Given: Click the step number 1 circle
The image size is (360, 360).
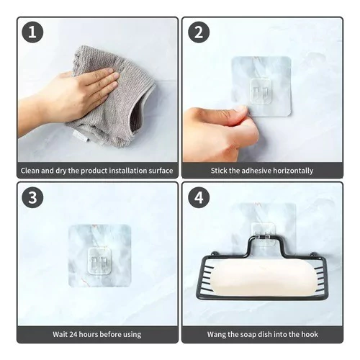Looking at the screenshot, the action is pyautogui.click(x=32, y=32).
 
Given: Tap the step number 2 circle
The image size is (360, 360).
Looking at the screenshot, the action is pyautogui.click(x=199, y=32).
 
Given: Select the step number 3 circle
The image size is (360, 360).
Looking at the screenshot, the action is pyautogui.click(x=32, y=197).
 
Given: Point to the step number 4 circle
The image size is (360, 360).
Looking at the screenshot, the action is pyautogui.click(x=199, y=197).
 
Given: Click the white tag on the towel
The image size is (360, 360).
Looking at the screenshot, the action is pyautogui.click(x=81, y=137).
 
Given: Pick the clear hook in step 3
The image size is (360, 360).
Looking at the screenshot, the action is pyautogui.click(x=99, y=261).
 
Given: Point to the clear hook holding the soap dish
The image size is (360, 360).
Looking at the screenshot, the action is pyautogui.click(x=263, y=234).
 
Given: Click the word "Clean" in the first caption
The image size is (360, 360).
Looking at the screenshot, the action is pyautogui.click(x=30, y=171).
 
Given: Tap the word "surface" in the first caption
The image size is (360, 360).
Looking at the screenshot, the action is pyautogui.click(x=161, y=171).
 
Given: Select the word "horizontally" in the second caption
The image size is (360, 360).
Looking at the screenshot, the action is pyautogui.click(x=293, y=171).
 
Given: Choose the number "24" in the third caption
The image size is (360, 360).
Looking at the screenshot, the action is pyautogui.click(x=73, y=334).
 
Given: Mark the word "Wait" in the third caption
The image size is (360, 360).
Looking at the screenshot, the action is pyautogui.click(x=60, y=334).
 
